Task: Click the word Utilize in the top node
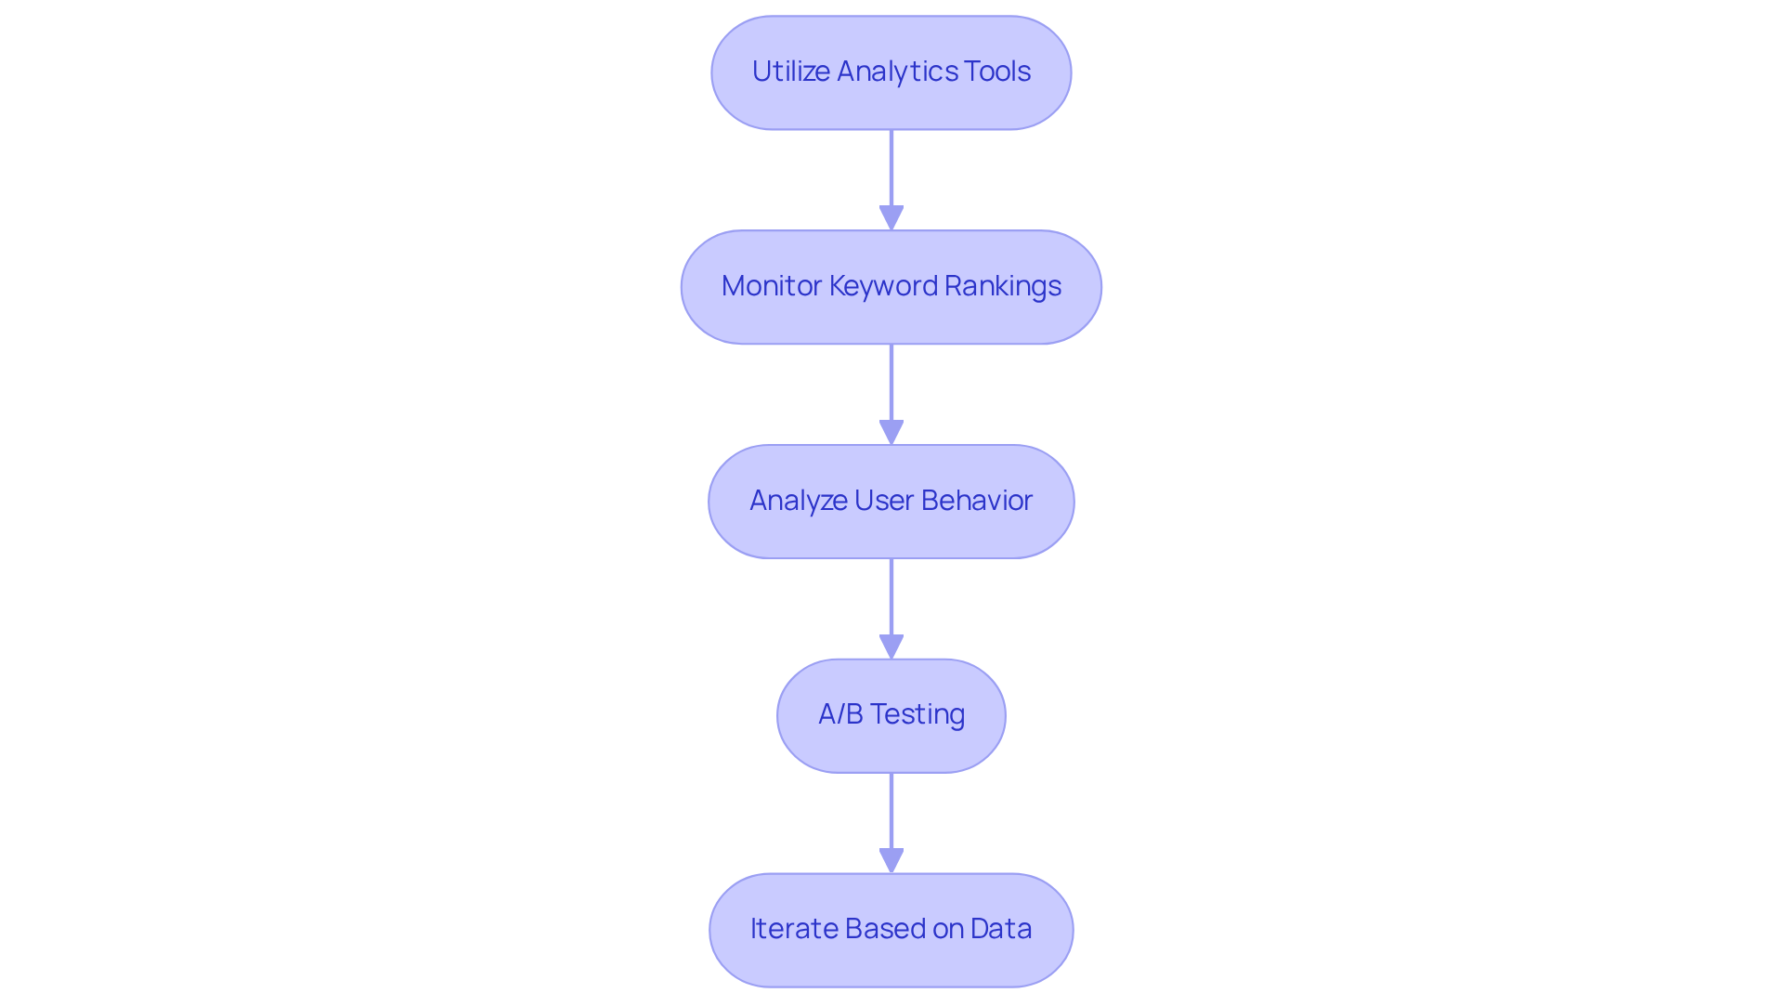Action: tap(790, 72)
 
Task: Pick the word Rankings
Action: tap(1003, 286)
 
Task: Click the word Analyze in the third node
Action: tap(798, 501)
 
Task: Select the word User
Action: tap(883, 501)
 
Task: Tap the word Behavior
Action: tap(977, 501)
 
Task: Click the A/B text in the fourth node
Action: tap(840, 714)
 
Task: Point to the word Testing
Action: tap(918, 715)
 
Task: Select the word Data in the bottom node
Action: tap(1001, 929)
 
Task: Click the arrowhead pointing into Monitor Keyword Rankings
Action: tap(891, 218)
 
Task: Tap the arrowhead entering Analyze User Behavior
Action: tap(891, 433)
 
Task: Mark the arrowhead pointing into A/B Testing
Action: tap(891, 647)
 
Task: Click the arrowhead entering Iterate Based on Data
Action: tap(891, 861)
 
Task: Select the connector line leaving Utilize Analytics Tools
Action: tap(891, 167)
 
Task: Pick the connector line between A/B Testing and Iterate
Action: tap(891, 810)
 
